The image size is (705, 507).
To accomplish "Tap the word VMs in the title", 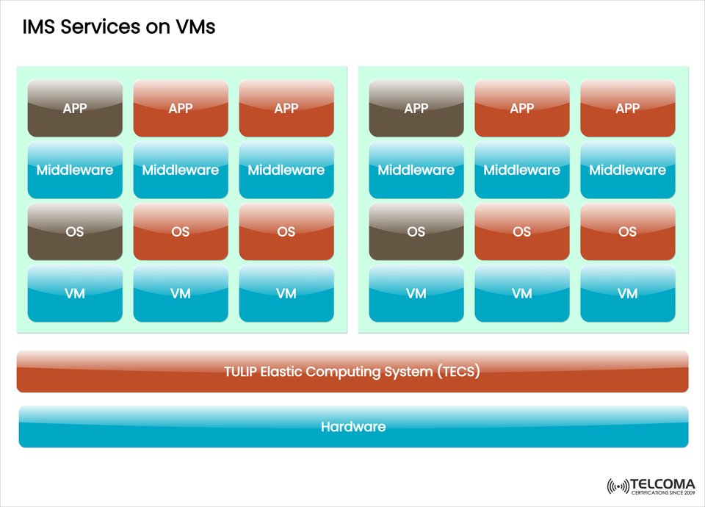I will point(195,28).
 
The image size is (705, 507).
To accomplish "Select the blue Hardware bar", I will point(353,427).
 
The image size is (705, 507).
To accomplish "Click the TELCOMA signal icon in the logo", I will point(618,486).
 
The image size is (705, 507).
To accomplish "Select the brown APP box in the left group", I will point(75,109).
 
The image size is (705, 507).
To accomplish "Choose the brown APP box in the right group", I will point(416,109).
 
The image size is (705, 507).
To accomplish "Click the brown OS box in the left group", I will point(75,232).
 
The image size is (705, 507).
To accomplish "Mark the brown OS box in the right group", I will point(416,232).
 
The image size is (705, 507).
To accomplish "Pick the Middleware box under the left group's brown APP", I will point(75,170).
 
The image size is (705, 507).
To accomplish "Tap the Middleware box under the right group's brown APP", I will point(416,170).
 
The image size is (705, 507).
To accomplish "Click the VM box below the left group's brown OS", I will point(75,294).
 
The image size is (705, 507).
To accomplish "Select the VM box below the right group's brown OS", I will point(416,294).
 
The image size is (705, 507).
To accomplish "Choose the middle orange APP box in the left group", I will point(181,109).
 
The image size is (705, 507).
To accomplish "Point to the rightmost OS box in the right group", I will point(628,232).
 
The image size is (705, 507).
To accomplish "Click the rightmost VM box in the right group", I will point(628,294).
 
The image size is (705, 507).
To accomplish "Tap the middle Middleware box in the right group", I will point(522,170).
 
